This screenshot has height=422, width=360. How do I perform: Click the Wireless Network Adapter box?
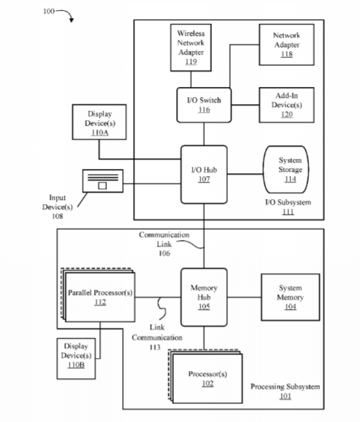coord(190,47)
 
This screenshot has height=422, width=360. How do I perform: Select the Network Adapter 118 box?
coord(287,45)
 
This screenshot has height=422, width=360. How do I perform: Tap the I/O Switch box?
coord(204,105)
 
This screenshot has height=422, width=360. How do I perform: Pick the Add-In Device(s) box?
coord(287,105)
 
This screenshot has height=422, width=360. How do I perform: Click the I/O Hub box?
coord(204,175)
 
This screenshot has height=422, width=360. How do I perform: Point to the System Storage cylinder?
coord(286,170)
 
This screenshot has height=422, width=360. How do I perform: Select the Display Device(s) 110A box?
coord(99,122)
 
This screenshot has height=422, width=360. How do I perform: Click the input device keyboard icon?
coord(103,181)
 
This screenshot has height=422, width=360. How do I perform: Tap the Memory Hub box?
coord(204,297)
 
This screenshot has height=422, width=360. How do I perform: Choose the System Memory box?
coord(290,297)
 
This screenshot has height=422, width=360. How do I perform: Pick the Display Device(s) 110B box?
coord(76,359)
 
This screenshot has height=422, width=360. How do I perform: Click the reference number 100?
coord(49,11)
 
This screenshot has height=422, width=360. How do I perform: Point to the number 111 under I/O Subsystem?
coord(288,212)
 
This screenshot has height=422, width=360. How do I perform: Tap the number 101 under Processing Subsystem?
coord(285,396)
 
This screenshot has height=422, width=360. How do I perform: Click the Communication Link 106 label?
coord(164,244)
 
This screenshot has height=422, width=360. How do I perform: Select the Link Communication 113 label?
coord(157,337)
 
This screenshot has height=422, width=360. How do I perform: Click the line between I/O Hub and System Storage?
coord(245,174)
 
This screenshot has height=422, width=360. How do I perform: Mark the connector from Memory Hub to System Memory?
coord(244,297)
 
